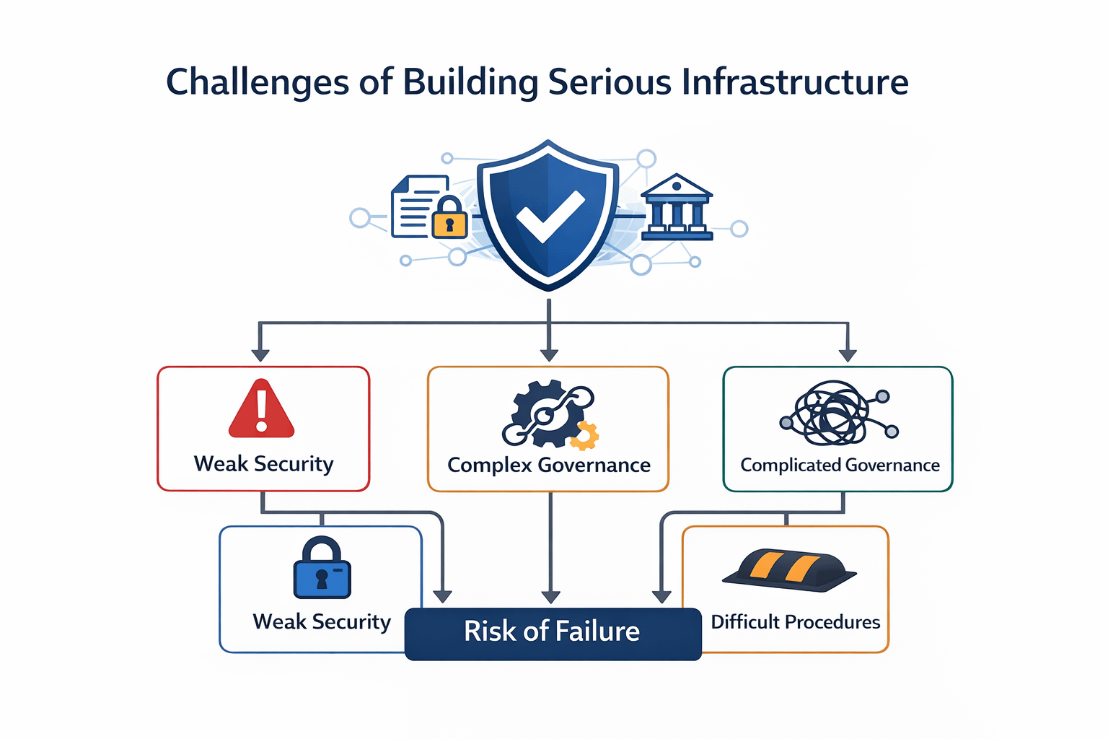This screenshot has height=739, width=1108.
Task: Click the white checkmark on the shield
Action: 550,216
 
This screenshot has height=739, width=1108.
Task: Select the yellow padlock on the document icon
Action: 449,217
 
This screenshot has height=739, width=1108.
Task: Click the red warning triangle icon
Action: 261,409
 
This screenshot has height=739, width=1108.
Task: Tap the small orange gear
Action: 585,435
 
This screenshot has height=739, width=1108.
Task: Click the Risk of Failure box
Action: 553,633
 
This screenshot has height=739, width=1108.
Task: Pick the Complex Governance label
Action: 549,465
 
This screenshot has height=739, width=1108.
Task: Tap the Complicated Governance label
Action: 840,465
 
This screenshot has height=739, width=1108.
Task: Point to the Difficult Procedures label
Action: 795,622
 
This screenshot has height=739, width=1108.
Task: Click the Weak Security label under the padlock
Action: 322,622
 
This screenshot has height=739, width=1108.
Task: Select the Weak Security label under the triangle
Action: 263,464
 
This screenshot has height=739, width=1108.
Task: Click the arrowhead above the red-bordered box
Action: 260,355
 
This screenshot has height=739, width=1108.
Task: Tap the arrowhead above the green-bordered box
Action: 848,355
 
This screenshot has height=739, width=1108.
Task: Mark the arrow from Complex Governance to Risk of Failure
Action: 550,548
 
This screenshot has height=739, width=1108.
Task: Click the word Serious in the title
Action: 610,82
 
